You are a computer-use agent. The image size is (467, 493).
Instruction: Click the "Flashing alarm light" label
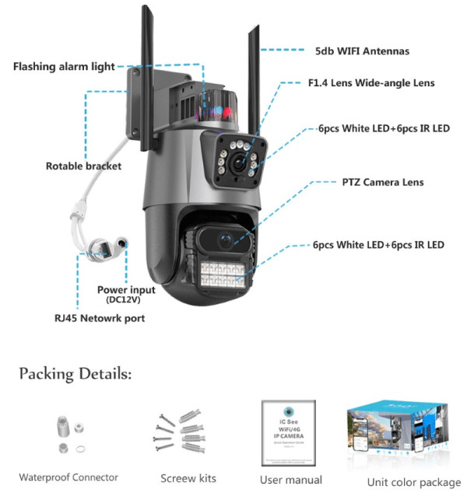coord(64,67)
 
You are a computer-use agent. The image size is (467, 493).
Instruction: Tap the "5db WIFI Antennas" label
coord(363,51)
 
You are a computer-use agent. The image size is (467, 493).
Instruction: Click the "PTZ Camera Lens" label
coord(383,183)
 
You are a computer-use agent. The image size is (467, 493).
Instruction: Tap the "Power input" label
coord(126,289)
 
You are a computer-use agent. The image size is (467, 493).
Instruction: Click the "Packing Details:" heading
coord(75,374)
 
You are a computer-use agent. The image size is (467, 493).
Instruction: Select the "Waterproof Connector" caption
coord(68,477)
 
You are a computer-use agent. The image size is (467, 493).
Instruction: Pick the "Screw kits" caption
coord(188,478)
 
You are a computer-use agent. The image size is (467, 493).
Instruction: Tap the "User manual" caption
coord(291,480)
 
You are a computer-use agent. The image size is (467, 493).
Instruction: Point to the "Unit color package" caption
coord(414,481)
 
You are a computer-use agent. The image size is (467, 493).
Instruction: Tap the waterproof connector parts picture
coord(68,436)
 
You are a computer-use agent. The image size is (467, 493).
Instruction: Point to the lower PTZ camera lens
coord(225,240)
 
